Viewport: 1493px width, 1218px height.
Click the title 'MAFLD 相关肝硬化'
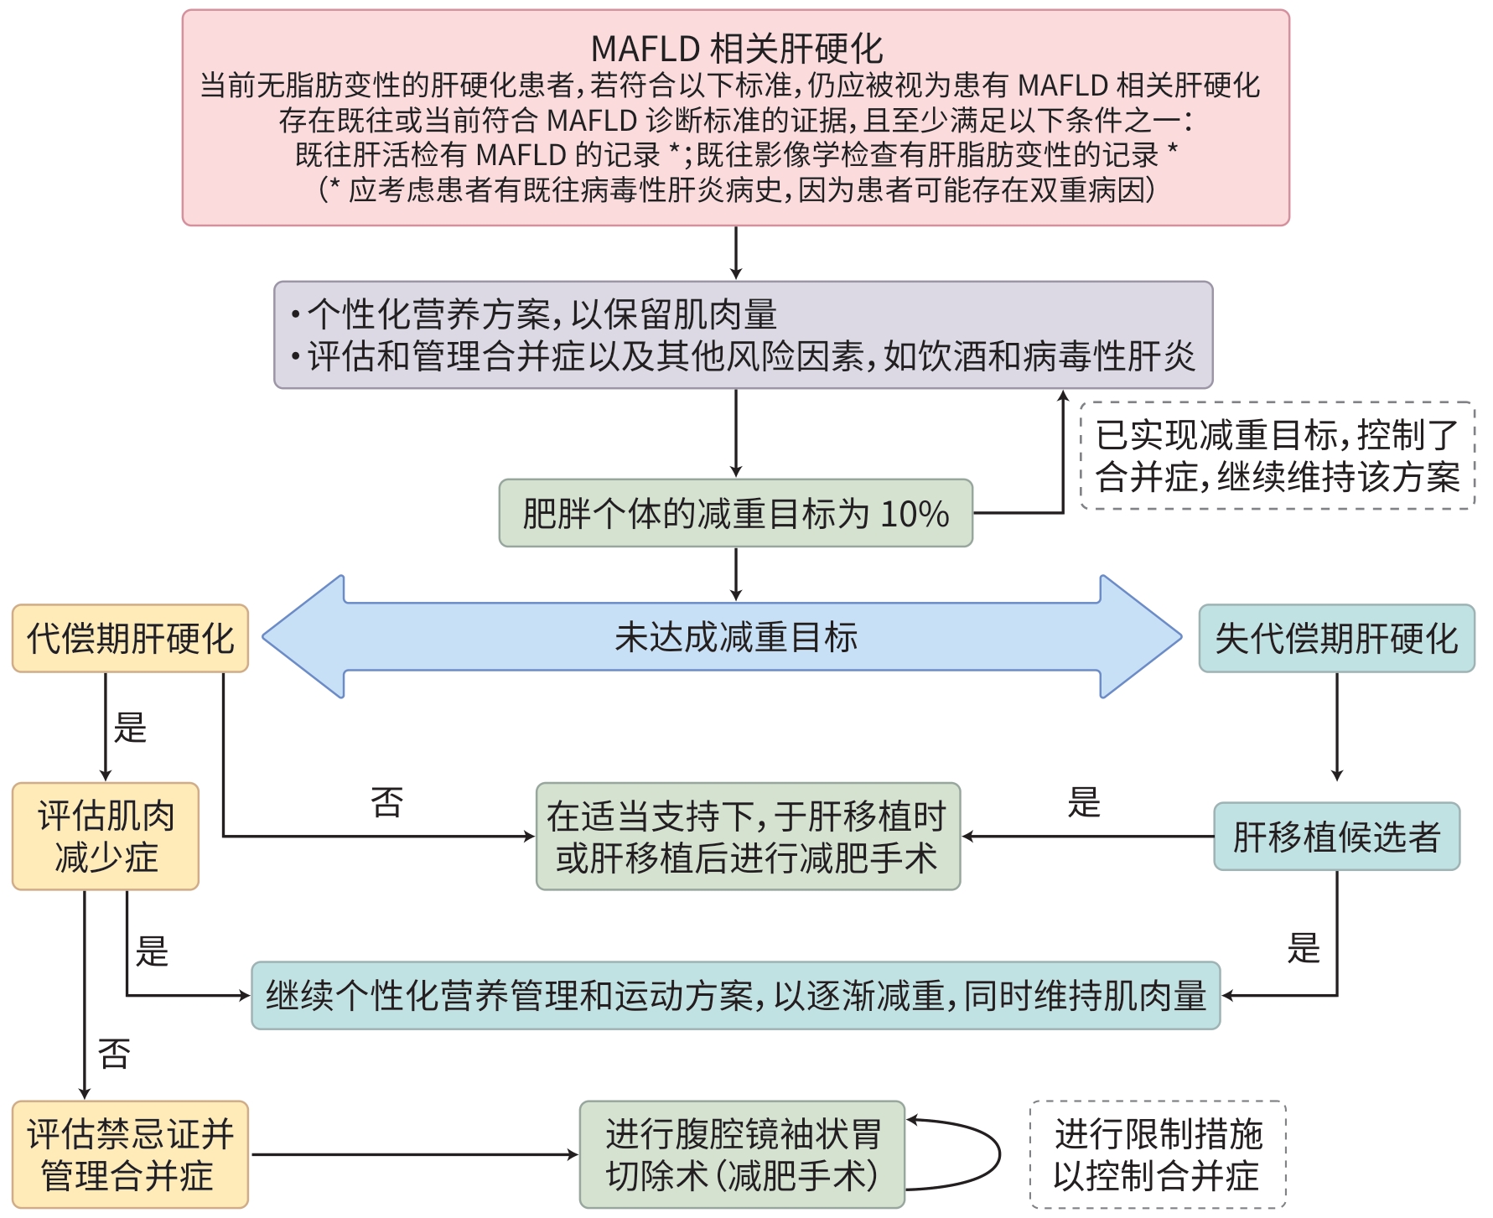point(736,49)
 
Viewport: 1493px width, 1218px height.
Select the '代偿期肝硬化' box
point(130,639)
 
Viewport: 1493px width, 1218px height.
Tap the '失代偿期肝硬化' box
point(1336,639)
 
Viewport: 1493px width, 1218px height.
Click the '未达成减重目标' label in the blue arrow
point(736,637)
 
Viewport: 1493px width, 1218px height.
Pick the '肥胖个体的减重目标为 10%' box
point(735,513)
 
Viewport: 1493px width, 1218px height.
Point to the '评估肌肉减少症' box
point(106,837)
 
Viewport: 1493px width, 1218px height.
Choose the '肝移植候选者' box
point(1336,837)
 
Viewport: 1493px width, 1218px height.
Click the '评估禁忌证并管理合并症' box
point(130,1154)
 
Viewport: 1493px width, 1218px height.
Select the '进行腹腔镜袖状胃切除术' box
point(742,1154)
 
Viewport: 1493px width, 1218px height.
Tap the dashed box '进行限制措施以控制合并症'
point(1158,1154)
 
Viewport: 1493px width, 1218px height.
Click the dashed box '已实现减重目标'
point(1277,456)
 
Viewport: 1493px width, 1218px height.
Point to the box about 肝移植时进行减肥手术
point(748,837)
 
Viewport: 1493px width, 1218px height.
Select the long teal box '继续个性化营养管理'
point(735,996)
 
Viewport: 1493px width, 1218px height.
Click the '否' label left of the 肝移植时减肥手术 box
point(386,802)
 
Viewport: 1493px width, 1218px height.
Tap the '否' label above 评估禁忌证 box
point(114,1054)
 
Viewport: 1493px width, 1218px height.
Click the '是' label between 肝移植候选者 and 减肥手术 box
point(1083,802)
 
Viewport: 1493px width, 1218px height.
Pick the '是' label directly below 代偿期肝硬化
point(130,728)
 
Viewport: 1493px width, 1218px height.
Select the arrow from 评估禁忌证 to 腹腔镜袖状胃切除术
point(414,1154)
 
